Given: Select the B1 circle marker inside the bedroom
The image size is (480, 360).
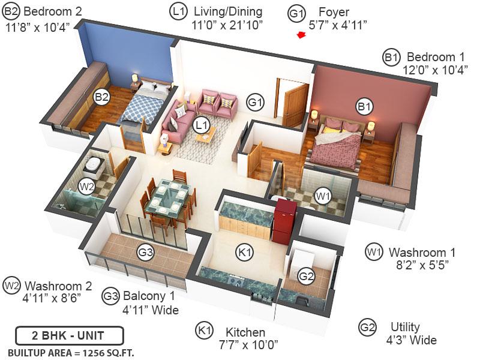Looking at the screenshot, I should click(364, 107).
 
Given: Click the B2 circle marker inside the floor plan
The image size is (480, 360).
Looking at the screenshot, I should click(101, 96).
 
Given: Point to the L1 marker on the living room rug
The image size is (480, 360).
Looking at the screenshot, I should click(202, 125).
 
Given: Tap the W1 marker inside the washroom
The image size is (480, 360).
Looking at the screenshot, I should click(323, 195).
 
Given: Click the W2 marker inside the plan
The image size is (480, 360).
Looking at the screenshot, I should click(87, 187).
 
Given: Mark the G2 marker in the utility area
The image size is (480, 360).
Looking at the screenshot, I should click(306, 277).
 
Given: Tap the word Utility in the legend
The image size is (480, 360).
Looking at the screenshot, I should click(404, 328).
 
